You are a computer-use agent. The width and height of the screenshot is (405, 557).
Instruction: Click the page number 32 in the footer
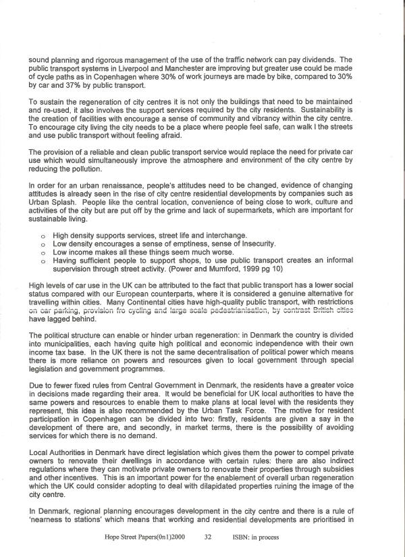[208, 539]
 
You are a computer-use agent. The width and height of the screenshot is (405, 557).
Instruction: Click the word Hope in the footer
[113, 539]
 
